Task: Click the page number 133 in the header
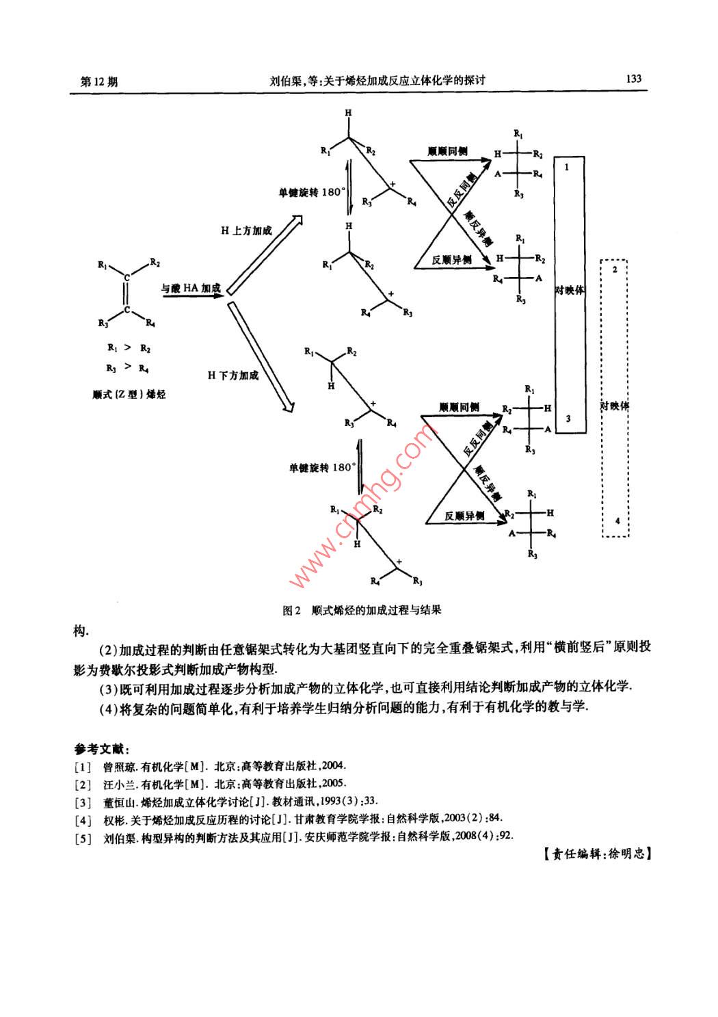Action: (x=633, y=79)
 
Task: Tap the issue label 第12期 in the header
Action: (x=99, y=81)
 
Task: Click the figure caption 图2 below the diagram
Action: (x=292, y=610)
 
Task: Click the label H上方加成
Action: (x=246, y=231)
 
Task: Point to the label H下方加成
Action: (x=233, y=375)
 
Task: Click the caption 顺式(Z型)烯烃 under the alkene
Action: (x=129, y=395)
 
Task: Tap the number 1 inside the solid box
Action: (x=566, y=166)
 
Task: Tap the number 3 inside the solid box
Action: (x=568, y=419)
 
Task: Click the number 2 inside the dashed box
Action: (x=615, y=269)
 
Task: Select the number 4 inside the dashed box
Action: (x=617, y=521)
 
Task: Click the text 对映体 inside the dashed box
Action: (x=615, y=405)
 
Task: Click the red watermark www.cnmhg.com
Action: (x=362, y=506)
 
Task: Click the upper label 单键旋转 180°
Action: (x=312, y=193)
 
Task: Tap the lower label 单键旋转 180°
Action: (x=322, y=468)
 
